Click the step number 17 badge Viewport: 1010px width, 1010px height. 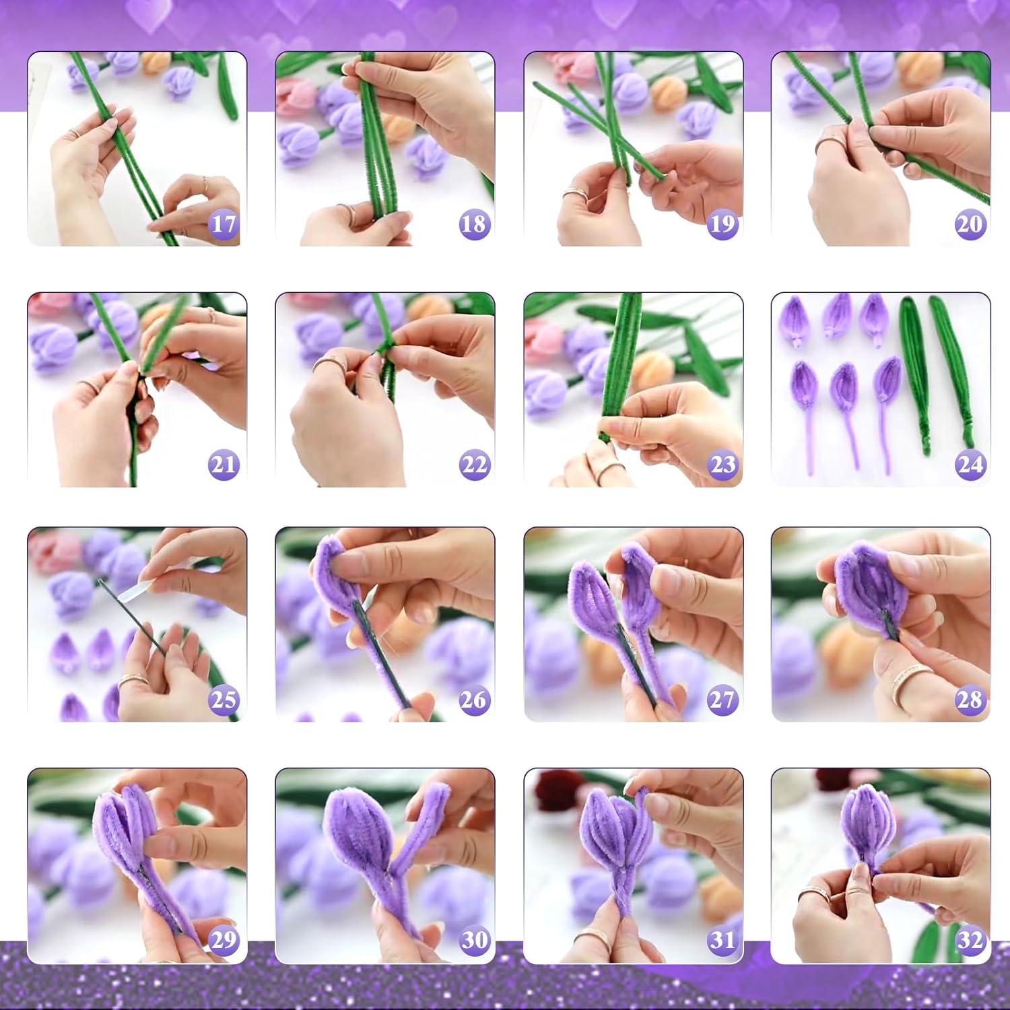click(224, 224)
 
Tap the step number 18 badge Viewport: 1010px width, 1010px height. click(473, 224)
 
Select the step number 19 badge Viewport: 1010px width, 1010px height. click(722, 224)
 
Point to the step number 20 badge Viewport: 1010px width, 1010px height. click(970, 224)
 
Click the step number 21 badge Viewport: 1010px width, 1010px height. click(224, 465)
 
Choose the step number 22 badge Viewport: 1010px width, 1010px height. click(473, 465)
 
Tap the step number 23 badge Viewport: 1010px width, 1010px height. click(722, 465)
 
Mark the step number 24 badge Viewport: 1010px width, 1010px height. click(970, 465)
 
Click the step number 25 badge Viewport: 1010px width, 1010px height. click(224, 700)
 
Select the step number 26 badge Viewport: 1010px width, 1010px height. click(473, 700)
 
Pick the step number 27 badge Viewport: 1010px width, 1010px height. click(722, 700)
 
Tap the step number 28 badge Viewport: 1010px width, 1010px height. click(970, 700)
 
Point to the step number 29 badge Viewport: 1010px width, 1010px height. click(224, 940)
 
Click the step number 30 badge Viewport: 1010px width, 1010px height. click(473, 940)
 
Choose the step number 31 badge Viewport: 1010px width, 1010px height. click(722, 940)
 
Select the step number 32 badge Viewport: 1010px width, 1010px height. click(970, 940)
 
